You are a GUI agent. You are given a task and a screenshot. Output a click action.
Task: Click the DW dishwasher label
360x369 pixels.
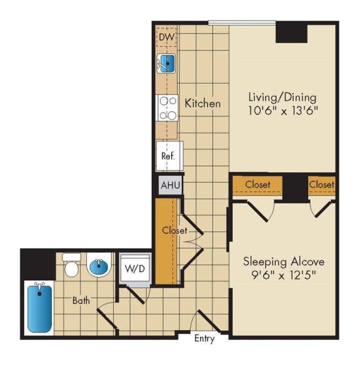(166, 38)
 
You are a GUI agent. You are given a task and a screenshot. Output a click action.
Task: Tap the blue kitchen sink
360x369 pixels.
(167, 63)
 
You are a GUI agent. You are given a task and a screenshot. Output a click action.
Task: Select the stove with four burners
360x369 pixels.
(167, 108)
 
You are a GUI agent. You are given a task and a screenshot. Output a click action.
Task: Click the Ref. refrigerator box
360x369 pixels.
(168, 156)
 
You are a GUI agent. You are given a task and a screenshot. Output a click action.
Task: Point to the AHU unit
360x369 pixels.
(170, 186)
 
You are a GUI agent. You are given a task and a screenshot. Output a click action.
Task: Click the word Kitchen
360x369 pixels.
(202, 103)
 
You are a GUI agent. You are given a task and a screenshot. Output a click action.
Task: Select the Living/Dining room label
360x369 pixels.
(282, 98)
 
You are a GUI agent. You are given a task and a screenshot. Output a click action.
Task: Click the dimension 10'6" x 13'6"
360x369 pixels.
(283, 111)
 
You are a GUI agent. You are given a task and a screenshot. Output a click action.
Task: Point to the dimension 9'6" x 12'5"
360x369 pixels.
(284, 275)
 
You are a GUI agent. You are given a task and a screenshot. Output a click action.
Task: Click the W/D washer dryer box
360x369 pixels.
(135, 268)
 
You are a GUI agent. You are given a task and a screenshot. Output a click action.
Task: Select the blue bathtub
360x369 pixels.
(39, 308)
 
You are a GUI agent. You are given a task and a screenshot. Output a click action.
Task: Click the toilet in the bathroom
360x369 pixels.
(72, 267)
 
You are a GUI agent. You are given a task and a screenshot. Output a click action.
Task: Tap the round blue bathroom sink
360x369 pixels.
(99, 267)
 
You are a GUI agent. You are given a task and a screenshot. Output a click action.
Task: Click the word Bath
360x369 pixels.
(81, 301)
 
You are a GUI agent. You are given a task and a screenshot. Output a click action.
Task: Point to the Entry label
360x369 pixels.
(204, 338)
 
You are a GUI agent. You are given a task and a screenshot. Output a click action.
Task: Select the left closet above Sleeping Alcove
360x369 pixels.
(257, 184)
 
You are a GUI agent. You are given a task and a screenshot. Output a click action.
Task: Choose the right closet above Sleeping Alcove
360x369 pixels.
(321, 184)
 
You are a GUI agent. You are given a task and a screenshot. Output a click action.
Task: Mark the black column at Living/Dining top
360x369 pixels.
(291, 33)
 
